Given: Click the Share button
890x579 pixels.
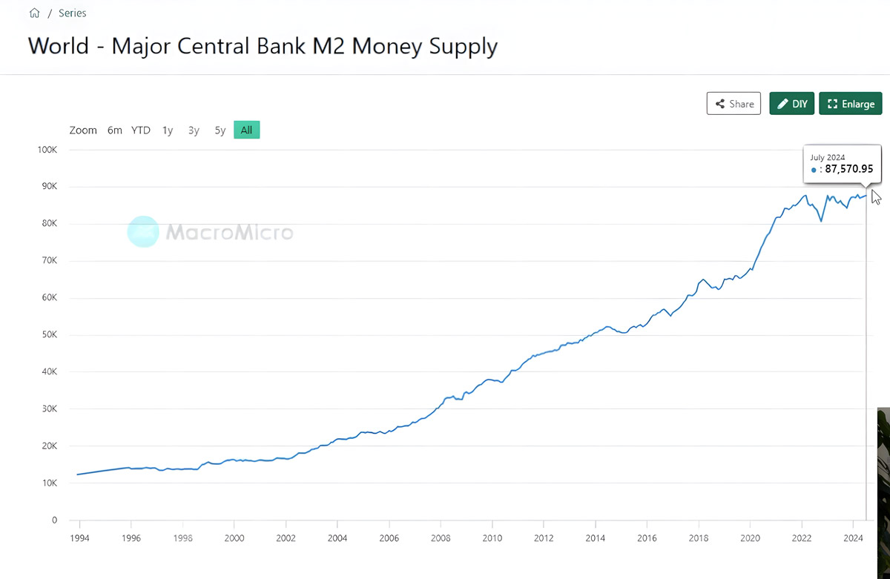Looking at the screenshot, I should coord(734,104).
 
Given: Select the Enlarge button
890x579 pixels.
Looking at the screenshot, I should coord(850,104).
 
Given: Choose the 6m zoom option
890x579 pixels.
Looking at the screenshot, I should coord(114,130).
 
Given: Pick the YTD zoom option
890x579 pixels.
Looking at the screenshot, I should coord(141,130).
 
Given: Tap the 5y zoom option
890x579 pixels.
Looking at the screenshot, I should coord(220,130).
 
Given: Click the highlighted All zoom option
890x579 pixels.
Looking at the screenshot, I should coord(246,130).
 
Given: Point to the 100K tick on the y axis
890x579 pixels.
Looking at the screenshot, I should coord(47,150).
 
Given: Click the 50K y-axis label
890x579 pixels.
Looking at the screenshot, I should coord(49,335).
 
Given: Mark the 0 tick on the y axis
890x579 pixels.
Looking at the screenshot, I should coord(54,520).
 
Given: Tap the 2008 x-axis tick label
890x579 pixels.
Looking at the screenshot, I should coord(441,539).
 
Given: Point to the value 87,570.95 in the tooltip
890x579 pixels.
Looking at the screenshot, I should coord(848,169).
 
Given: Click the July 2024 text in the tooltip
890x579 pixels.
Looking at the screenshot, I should coord(827,157).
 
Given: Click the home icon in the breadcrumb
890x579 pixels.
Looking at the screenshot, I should coord(34,13).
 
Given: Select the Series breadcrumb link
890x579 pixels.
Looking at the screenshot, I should coord(73,13).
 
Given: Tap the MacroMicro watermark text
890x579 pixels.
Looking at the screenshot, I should coord(229,233).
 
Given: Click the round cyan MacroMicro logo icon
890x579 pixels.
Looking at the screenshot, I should coord(142,231).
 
